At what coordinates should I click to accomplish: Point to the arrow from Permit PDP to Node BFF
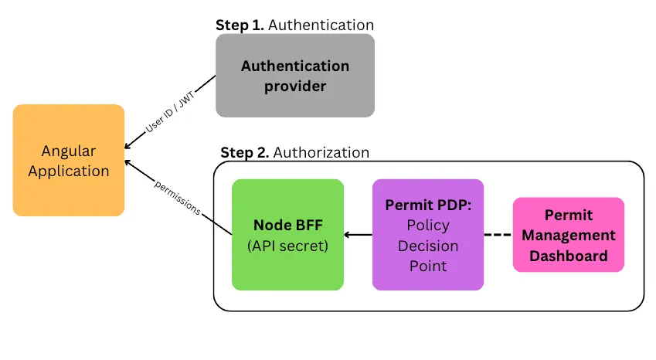(x=358, y=235)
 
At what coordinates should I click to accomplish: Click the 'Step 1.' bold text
(x=240, y=25)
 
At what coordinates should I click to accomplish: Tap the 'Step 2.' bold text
(x=245, y=152)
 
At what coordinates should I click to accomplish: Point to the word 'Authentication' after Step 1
(x=321, y=25)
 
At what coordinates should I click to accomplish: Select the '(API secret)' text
(x=287, y=246)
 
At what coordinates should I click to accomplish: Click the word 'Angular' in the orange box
(x=69, y=151)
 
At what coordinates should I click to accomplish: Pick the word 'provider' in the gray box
(x=295, y=86)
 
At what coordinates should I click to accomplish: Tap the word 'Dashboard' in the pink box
(x=569, y=256)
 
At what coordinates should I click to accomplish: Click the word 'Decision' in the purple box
(x=428, y=246)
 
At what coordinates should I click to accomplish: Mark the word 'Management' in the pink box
(x=569, y=235)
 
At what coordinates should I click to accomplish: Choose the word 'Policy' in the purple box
(x=428, y=226)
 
